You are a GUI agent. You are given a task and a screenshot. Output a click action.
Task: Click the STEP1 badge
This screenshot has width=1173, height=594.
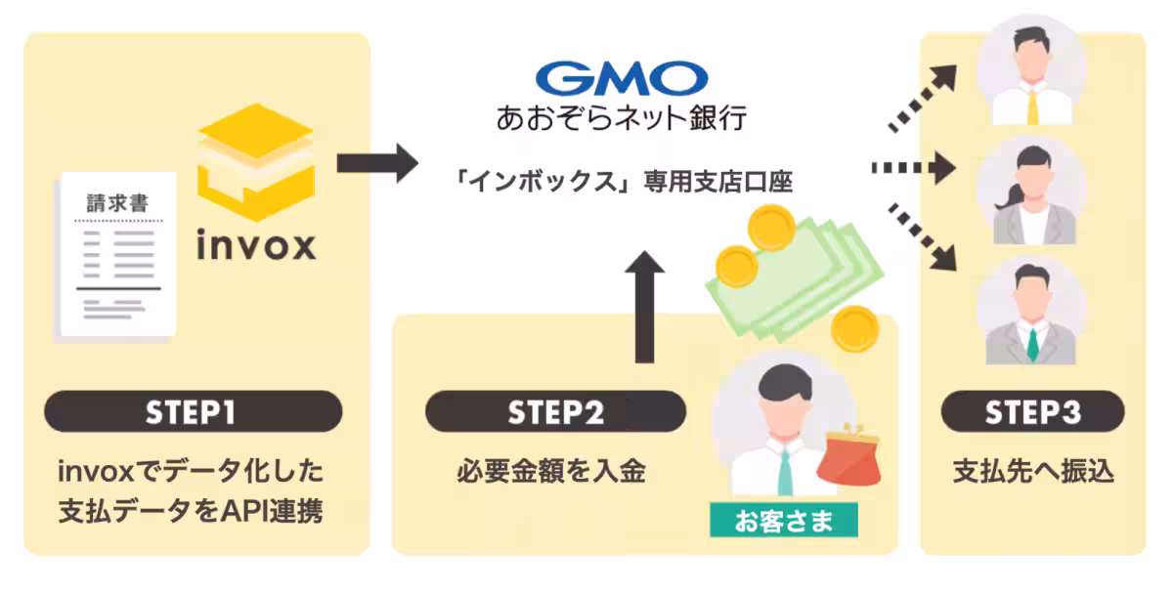[x=193, y=412]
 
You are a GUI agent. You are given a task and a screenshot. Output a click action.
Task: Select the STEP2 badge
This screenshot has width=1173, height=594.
[x=555, y=412]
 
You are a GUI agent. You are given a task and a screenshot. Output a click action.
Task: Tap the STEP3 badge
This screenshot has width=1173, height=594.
[x=1032, y=412]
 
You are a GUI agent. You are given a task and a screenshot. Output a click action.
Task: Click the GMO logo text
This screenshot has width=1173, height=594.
[x=622, y=78]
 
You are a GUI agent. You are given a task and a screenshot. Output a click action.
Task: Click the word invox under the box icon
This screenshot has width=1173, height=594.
[x=256, y=244]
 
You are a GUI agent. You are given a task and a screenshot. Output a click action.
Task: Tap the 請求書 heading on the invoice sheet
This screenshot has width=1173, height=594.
[x=117, y=203]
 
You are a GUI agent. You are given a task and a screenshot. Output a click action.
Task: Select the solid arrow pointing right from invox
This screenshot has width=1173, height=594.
[x=376, y=162]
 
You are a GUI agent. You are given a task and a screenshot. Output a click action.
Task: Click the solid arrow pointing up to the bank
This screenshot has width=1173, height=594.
[x=642, y=304]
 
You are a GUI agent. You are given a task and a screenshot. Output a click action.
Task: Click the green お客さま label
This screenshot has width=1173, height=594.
[x=783, y=521]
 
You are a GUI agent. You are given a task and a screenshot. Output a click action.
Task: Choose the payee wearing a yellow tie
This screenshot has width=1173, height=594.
[x=1032, y=73]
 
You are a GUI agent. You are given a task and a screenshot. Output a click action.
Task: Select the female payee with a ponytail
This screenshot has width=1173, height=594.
[x=1032, y=191]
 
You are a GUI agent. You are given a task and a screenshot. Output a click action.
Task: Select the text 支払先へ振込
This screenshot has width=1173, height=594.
[x=1032, y=472]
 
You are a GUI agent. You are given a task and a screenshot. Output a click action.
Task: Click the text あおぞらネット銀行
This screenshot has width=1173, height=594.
[x=622, y=119]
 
